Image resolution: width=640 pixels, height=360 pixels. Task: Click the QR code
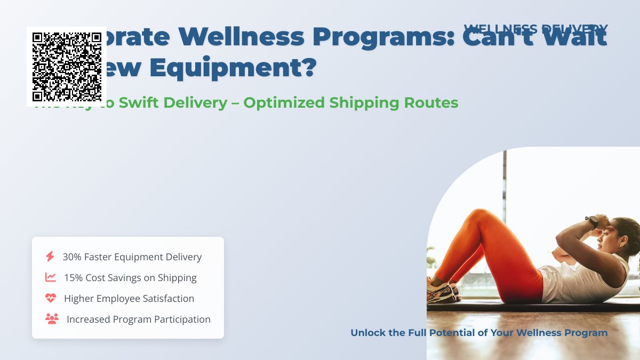coord(67,67)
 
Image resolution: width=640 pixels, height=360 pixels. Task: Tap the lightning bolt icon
coord(50,257)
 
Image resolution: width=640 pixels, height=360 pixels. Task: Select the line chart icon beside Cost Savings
coord(51,277)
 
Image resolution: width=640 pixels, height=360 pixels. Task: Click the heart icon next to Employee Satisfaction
coord(51,298)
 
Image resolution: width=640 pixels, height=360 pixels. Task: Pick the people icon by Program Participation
coord(52,319)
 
